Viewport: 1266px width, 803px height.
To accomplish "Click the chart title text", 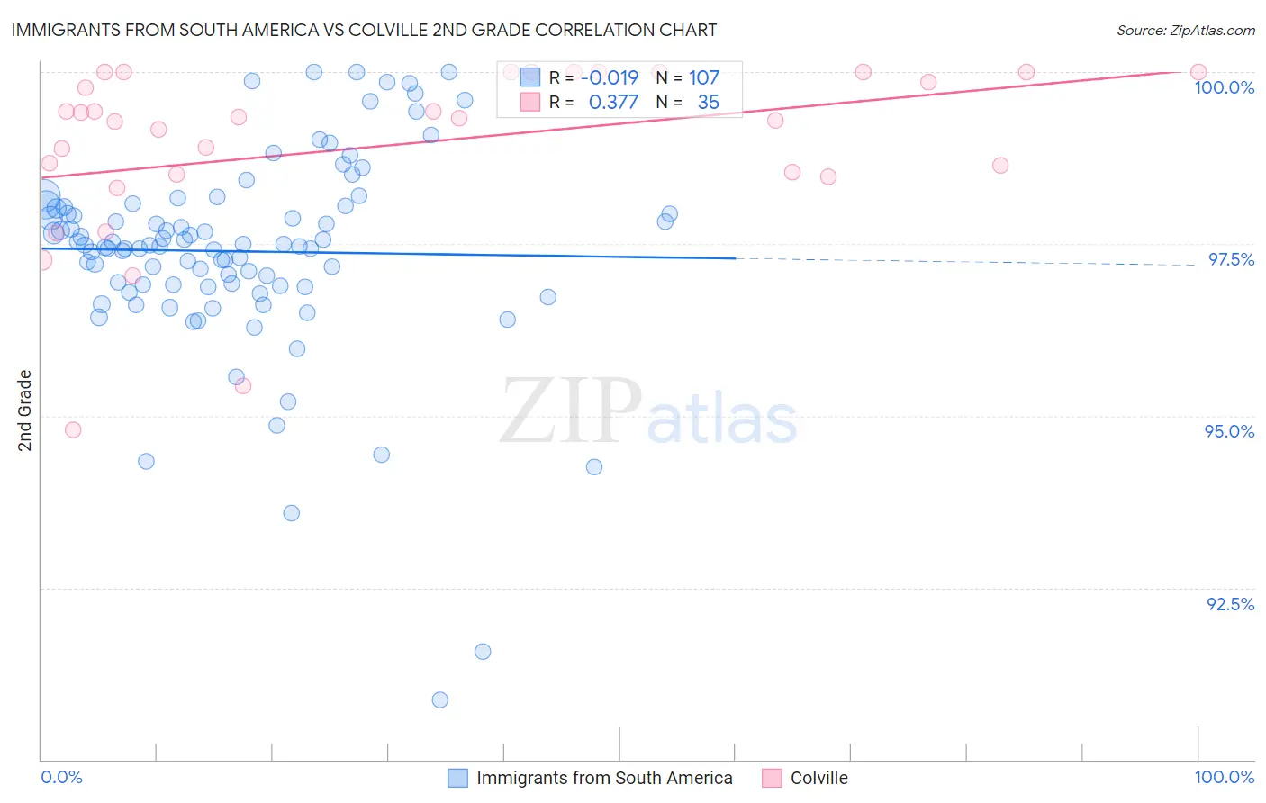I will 364,30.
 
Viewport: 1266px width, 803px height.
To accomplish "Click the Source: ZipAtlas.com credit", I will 1185,31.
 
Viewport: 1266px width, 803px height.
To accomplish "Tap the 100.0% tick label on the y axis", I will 1224,87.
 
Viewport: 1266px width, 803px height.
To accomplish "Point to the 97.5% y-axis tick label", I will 1230,259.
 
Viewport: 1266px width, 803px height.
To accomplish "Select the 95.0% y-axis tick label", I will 1229,431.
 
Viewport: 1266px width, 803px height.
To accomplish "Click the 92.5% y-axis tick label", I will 1230,604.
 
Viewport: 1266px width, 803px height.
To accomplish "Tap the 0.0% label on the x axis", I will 61,777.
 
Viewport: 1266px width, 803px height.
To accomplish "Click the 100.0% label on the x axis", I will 1224,777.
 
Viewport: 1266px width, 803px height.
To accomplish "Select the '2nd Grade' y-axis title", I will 25,411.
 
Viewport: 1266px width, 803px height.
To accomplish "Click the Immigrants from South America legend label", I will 604,778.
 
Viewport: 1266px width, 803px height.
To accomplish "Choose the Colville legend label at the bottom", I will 818,778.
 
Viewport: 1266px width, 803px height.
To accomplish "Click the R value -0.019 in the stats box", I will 610,78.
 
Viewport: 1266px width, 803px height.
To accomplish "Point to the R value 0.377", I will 613,103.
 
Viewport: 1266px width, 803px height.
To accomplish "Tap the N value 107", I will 704,78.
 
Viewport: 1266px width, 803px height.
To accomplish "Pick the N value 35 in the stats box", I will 708,103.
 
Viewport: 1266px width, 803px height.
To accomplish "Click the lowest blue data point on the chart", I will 439,699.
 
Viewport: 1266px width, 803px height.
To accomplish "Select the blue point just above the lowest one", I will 483,651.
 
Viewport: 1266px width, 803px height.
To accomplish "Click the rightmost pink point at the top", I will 1198,72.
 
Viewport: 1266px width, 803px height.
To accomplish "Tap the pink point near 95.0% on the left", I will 73,429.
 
